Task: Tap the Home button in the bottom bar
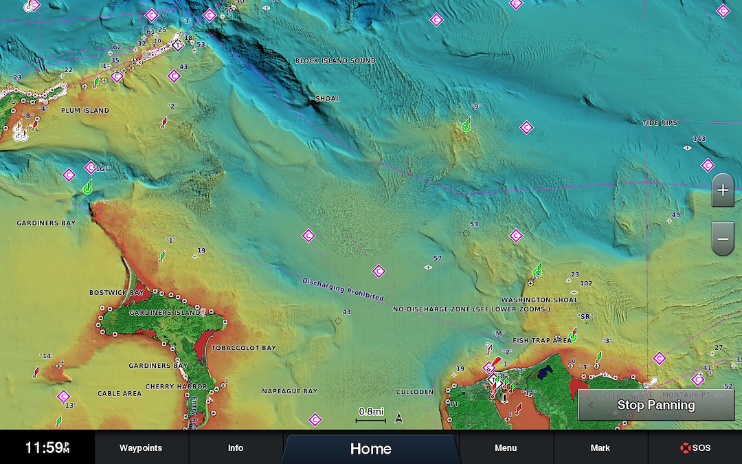coord(370,449)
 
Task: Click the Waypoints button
coord(141,448)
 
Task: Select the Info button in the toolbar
coord(236,448)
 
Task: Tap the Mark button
coord(600,448)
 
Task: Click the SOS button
coord(695,448)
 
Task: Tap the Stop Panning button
coord(655,405)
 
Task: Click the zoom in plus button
coord(723,190)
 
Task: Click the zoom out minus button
coord(723,239)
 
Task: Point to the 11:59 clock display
coord(47,448)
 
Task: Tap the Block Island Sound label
coord(335,60)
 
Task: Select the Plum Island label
coord(85,111)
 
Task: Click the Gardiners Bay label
coord(46,223)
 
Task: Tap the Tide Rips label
coord(659,123)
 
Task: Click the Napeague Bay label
coord(289,391)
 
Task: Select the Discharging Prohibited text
coord(342,289)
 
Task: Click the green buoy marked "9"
coord(466,124)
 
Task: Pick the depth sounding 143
coord(699,139)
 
